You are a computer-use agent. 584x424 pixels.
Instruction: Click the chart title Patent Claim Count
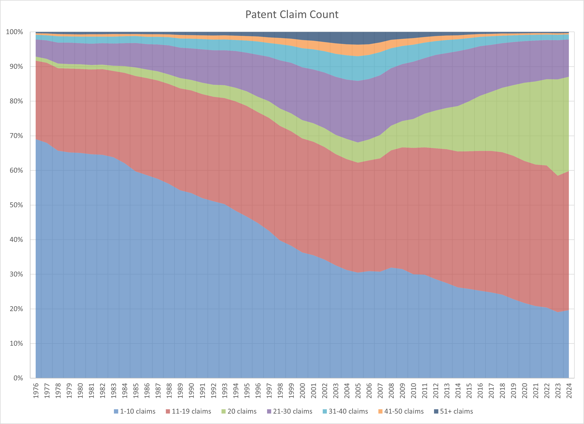tap(292, 14)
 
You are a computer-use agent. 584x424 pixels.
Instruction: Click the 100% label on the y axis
tap(14, 32)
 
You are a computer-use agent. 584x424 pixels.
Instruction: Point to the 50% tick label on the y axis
tap(16, 205)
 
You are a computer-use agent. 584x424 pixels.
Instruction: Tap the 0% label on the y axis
tap(18, 378)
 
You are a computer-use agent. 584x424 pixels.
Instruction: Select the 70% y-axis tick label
tap(16, 136)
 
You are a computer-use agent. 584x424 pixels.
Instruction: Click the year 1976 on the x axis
tap(36, 391)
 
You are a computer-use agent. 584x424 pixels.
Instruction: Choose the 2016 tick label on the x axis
tap(480, 391)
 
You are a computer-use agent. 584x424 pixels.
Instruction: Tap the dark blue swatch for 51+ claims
tap(436, 411)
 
